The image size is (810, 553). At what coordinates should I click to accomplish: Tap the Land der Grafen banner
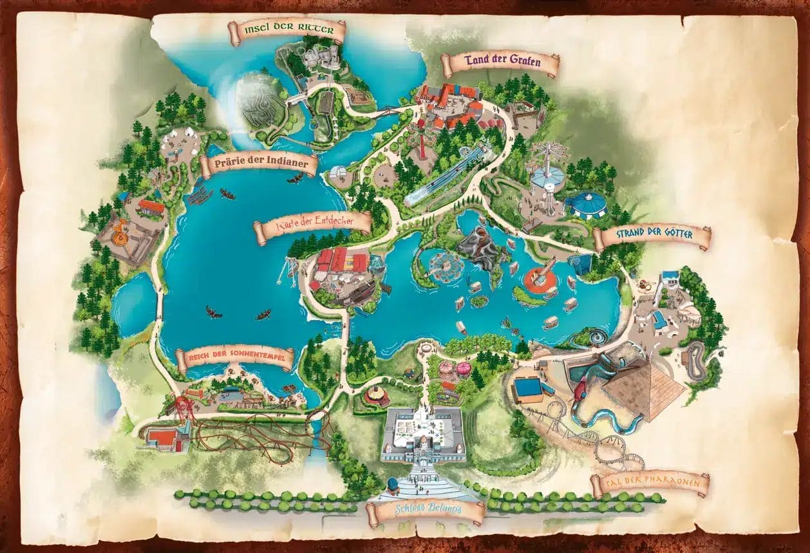(x=500, y=64)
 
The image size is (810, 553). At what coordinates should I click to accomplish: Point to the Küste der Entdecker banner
(x=313, y=225)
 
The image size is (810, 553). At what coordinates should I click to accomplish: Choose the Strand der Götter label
(x=652, y=236)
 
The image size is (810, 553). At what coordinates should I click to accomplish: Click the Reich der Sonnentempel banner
(x=234, y=358)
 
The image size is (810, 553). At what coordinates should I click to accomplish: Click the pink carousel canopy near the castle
(x=464, y=368)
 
